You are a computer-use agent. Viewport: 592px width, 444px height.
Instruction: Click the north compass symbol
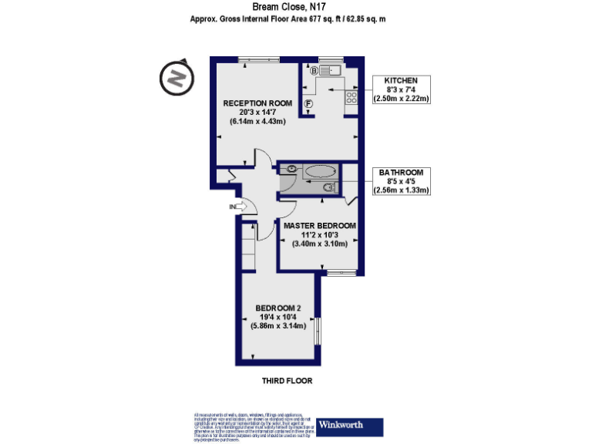[176, 79]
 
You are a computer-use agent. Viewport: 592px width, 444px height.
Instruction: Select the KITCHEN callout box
[401, 89]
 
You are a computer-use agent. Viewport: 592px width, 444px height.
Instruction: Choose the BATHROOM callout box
[401, 180]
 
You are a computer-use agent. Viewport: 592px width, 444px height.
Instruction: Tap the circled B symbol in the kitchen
[314, 72]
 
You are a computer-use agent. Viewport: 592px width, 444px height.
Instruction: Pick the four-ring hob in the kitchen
[351, 97]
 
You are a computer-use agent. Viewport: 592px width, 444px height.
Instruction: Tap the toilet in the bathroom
[329, 187]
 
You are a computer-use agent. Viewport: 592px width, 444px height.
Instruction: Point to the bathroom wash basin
[291, 168]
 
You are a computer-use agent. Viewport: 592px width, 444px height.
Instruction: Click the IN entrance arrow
[238, 207]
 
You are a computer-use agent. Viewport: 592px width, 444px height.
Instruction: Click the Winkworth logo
[350, 426]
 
